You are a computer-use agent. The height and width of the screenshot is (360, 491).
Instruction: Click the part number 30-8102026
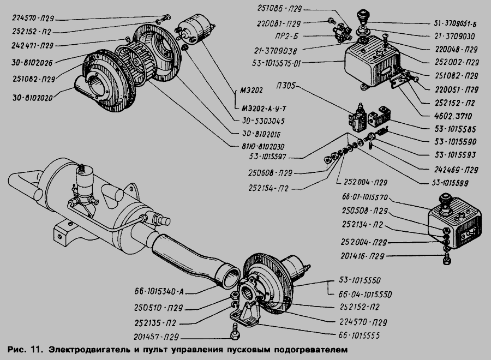click(32, 62)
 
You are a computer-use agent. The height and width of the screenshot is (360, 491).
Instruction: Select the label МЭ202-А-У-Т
click(264, 109)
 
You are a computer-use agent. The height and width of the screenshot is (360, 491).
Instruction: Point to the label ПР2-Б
click(287, 37)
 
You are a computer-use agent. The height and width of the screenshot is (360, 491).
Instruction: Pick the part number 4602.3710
click(453, 116)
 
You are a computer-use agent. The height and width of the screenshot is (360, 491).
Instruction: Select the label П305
click(285, 86)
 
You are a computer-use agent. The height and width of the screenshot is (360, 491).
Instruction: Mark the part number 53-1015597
click(267, 157)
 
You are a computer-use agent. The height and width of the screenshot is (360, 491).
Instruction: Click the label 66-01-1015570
click(365, 197)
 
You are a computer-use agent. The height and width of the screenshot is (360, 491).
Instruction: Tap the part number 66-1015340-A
click(159, 292)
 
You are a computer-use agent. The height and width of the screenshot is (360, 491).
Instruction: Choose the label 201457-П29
click(156, 337)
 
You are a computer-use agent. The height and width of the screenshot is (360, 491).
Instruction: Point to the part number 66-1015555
click(359, 335)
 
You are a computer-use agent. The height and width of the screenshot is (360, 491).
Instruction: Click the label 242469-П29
click(456, 170)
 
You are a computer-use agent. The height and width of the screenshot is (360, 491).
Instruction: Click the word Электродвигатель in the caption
click(89, 350)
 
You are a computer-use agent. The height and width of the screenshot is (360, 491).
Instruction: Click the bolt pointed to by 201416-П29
click(447, 259)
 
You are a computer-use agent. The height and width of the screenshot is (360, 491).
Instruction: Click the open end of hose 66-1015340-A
click(230, 277)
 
